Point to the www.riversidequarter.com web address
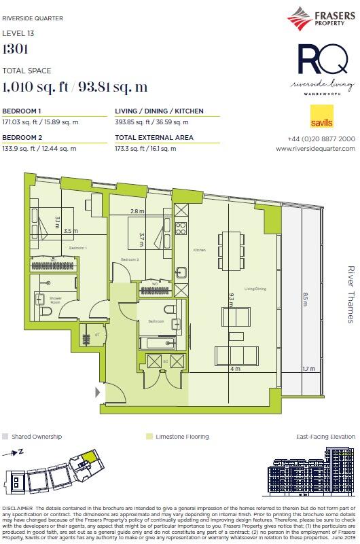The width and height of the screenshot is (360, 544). pyautogui.click(x=315, y=148)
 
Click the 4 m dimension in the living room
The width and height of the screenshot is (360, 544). pyautogui.click(x=235, y=369)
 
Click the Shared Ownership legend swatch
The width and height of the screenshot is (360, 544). pyautogui.click(x=6, y=437)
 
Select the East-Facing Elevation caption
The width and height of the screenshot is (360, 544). pyautogui.click(x=325, y=437)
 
